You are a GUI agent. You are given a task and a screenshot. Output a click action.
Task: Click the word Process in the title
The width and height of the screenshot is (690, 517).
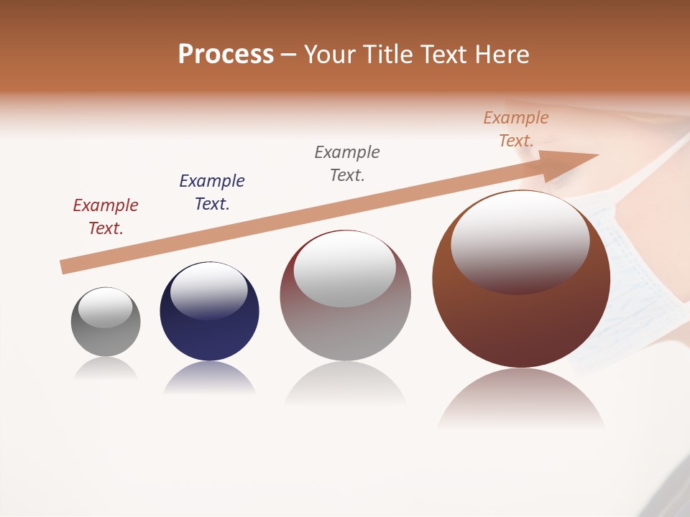pyautogui.click(x=226, y=55)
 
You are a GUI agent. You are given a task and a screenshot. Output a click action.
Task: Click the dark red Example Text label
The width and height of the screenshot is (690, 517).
pyautogui.click(x=106, y=216)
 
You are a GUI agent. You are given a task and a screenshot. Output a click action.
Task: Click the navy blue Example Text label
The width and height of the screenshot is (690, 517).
pyautogui.click(x=212, y=192)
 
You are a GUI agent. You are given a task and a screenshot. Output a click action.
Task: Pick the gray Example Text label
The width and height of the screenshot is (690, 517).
pyautogui.click(x=347, y=163)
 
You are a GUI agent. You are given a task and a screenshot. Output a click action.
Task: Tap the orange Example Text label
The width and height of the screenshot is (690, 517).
pyautogui.click(x=516, y=129)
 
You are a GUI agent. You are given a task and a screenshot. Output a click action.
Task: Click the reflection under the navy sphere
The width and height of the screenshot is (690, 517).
pyautogui.click(x=209, y=379)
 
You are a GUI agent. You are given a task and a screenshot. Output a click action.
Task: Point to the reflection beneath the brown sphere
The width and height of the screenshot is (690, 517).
pyautogui.click(x=521, y=399)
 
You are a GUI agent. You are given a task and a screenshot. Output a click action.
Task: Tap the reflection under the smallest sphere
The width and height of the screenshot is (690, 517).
pyautogui.click(x=106, y=368)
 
